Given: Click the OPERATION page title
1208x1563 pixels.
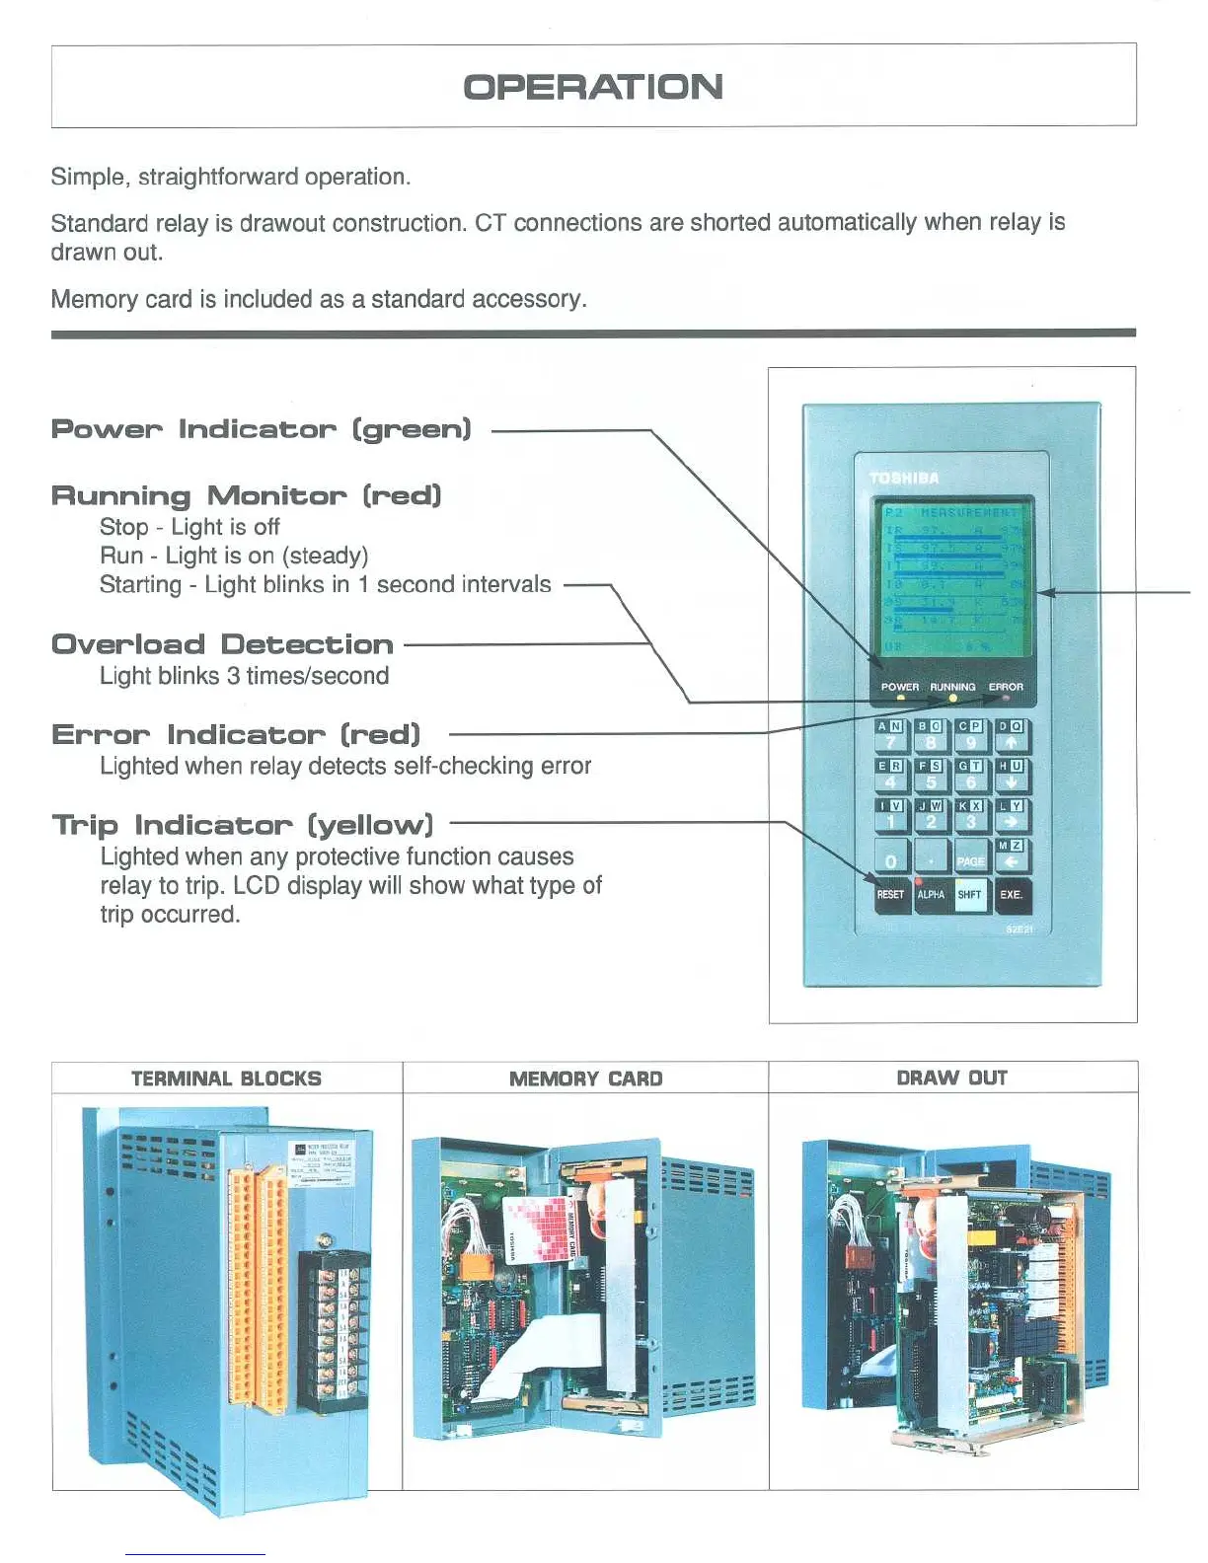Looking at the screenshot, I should coord(593,87).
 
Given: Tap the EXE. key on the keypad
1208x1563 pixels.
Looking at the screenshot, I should coord(1012,894).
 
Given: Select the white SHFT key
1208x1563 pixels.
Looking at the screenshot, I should coord(970,894).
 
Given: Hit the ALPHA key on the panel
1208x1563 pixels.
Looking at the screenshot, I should coord(931,894).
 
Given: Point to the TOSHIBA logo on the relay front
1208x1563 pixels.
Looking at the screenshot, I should coord(904,479).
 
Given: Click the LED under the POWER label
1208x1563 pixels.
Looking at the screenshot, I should coord(900,698).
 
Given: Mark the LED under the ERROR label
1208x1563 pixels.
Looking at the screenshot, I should coord(1006,698).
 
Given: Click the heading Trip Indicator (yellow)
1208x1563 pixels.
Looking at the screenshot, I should coord(243,825).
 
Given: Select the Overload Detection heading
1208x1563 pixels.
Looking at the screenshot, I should coord(223,645).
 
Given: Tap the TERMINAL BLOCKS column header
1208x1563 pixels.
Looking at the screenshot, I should coord(226,1079).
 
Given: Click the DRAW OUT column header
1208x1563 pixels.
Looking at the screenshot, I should coord(951,1078).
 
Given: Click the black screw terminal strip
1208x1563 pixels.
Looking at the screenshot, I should coord(334,1327).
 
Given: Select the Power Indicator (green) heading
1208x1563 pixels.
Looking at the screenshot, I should coord(262,430).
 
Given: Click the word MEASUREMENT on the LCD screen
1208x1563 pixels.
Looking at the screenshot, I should coord(969,513).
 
